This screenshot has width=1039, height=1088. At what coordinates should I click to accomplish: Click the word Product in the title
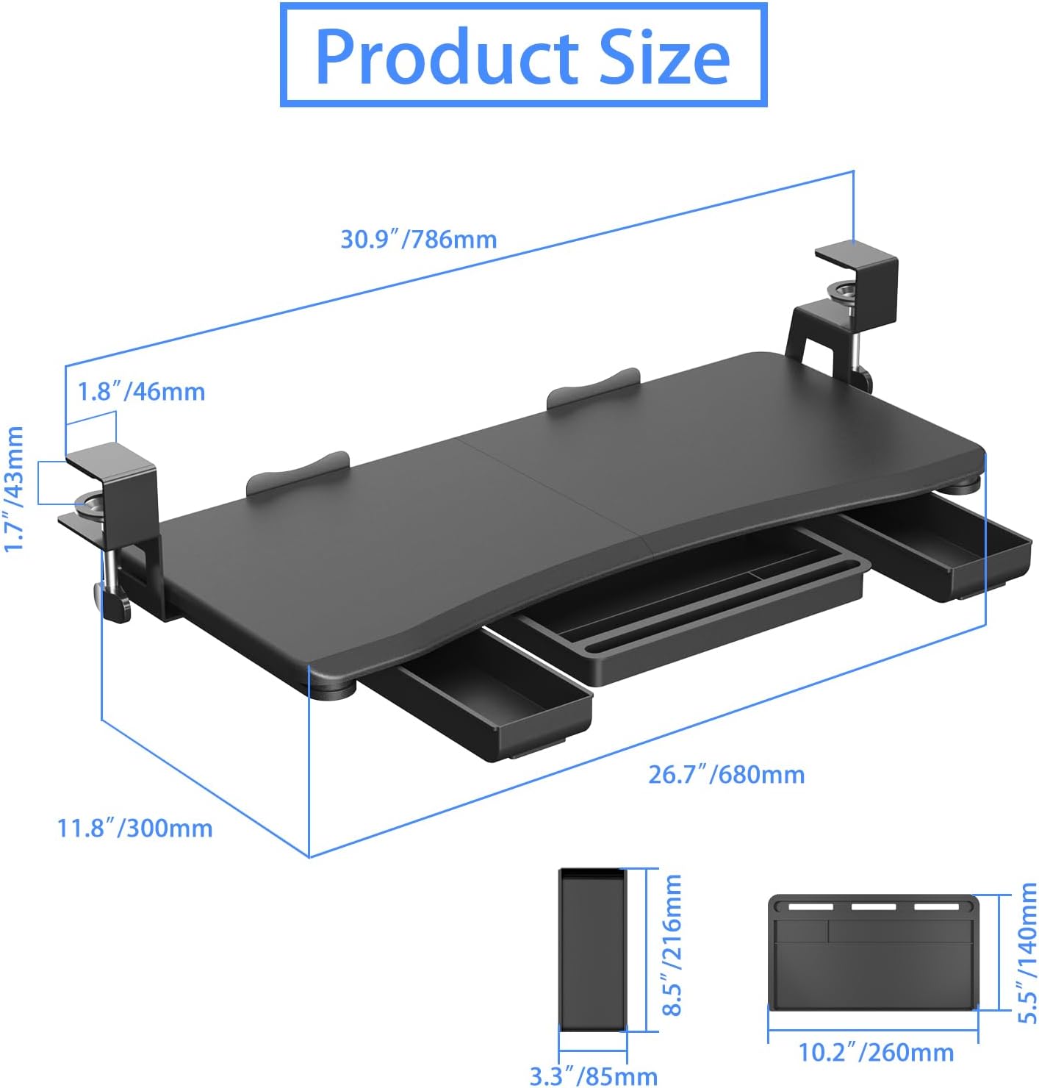click(448, 57)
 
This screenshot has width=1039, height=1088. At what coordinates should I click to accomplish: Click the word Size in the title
click(665, 57)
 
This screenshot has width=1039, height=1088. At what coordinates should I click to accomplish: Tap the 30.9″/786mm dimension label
click(418, 239)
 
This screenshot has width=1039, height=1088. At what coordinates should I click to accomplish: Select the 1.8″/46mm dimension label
click(142, 391)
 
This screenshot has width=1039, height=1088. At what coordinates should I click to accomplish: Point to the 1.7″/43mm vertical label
click(15, 489)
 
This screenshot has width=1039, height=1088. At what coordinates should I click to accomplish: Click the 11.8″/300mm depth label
click(135, 828)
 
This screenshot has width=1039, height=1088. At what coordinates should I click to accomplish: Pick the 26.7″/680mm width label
click(726, 774)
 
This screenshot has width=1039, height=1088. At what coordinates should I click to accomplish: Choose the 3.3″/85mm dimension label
click(593, 1076)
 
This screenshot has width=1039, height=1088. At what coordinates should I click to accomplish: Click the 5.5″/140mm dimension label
click(1027, 953)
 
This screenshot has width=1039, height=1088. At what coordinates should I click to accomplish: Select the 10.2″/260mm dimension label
click(876, 1052)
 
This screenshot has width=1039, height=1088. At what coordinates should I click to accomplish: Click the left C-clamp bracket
click(118, 522)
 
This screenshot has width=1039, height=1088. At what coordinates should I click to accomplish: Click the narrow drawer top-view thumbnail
click(592, 948)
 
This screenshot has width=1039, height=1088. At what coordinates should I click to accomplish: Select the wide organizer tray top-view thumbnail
click(873, 952)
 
